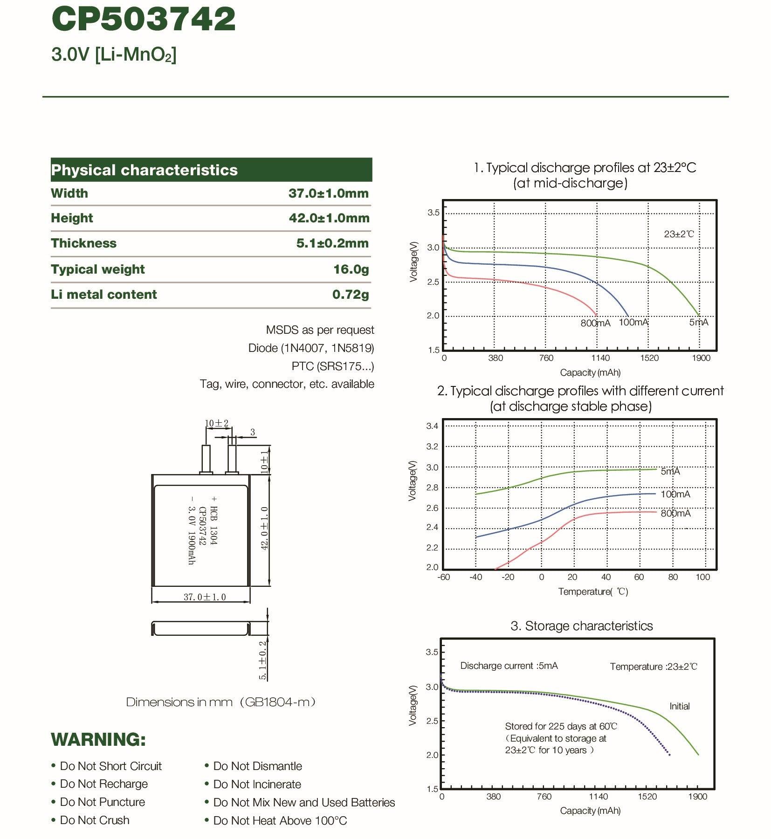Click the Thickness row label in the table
click(84, 243)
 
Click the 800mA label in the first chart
click(595, 323)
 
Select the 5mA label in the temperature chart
click(670, 471)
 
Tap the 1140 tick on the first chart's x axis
click(600, 358)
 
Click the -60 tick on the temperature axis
click(443, 577)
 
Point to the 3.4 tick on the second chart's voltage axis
click(432, 426)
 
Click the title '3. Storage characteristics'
click(581, 626)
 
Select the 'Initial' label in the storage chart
click(679, 706)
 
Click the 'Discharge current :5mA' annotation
click(509, 666)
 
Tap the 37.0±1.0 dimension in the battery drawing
click(205, 597)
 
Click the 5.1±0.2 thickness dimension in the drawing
click(262, 660)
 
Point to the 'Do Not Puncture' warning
click(103, 802)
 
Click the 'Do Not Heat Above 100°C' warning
click(280, 820)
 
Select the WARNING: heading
click(98, 739)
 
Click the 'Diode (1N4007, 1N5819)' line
click(311, 348)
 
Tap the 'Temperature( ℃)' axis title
click(593, 591)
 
